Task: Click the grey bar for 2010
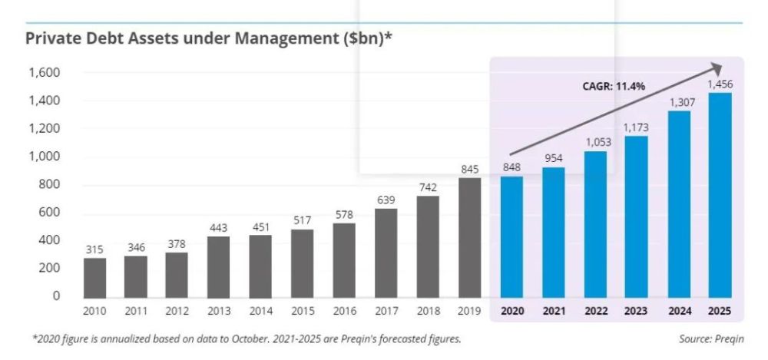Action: point(94,278)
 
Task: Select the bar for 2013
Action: point(218,267)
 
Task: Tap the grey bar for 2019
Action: point(470,237)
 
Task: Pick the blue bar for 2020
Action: point(511,237)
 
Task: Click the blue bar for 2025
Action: point(720,196)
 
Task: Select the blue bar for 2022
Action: point(595,224)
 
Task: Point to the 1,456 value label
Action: point(720,84)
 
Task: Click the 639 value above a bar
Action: point(386,200)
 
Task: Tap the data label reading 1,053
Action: point(595,142)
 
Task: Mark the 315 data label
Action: point(94,249)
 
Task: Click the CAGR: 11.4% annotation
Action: point(614,87)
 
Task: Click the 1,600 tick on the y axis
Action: point(44,73)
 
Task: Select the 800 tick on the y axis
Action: point(49,185)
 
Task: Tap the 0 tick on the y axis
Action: point(56,296)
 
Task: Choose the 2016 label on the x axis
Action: point(344,311)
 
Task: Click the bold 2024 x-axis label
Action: point(679,311)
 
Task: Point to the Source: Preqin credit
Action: point(710,339)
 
